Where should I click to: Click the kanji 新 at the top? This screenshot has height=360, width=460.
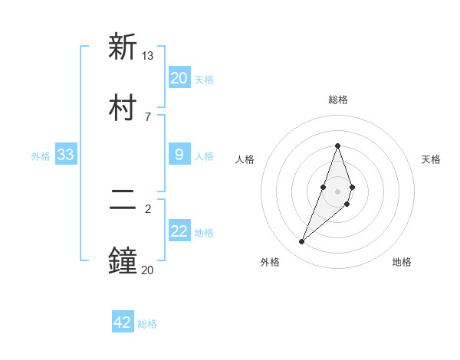[x=123, y=47]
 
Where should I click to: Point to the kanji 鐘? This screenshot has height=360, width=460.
[x=123, y=260]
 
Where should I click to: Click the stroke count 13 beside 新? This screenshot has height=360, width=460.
[x=148, y=55]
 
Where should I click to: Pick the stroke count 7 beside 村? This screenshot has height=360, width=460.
[x=148, y=116]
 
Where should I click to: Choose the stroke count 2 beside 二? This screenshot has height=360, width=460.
[x=148, y=208]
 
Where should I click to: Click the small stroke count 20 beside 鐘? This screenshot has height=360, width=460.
[x=148, y=269]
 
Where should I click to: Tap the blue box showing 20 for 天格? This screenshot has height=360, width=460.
[x=179, y=78]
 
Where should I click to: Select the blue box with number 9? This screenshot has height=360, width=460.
[x=179, y=155]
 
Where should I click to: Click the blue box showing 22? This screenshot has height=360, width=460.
[x=179, y=232]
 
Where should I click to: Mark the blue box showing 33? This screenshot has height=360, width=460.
[x=66, y=155]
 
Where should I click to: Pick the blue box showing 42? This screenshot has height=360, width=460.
[x=123, y=322]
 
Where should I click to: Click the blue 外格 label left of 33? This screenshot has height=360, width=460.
[x=41, y=156]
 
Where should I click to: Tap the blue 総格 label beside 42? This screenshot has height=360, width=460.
[x=147, y=324]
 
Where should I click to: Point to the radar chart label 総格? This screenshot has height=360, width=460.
[x=337, y=100]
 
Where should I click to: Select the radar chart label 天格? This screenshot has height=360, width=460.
[x=431, y=159]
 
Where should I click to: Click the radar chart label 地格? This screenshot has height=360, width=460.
[x=402, y=262]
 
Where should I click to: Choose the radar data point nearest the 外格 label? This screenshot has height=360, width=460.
[x=301, y=242]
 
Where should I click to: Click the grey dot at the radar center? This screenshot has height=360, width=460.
[x=337, y=191]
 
